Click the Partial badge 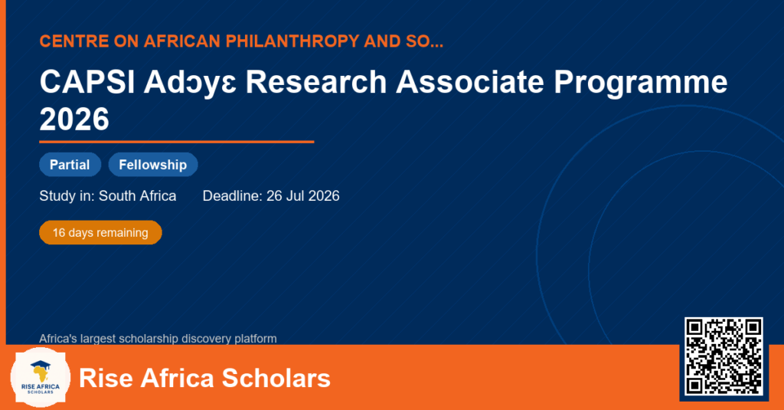click(70, 165)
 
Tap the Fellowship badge click(153, 165)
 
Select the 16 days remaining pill click(100, 233)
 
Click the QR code click(724, 356)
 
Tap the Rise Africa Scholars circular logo click(41, 378)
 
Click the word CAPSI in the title click(87, 82)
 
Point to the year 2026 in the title click(74, 119)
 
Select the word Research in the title click(316, 82)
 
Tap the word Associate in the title click(470, 82)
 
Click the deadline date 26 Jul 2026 click(303, 195)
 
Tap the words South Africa click(138, 195)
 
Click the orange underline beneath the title click(177, 143)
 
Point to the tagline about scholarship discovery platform click(158, 339)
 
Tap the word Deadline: click(233, 195)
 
